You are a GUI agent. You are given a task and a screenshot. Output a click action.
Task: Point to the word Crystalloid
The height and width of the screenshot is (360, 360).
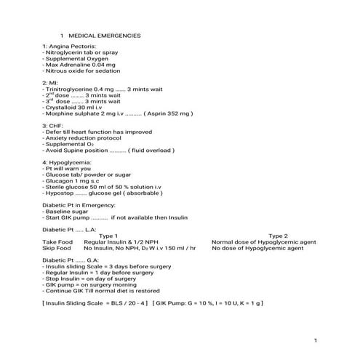[63, 108]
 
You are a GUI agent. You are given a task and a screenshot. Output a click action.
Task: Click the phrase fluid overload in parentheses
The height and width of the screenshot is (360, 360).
[152, 151]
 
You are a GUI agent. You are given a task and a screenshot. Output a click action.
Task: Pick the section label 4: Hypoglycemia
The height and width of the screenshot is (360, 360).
[68, 162]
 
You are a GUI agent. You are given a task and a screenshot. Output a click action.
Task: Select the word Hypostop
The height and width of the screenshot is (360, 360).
[58, 193]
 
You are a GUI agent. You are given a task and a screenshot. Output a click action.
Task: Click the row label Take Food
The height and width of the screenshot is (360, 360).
[57, 241]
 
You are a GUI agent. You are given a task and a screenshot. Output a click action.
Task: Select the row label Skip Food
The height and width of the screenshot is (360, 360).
[57, 248]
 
